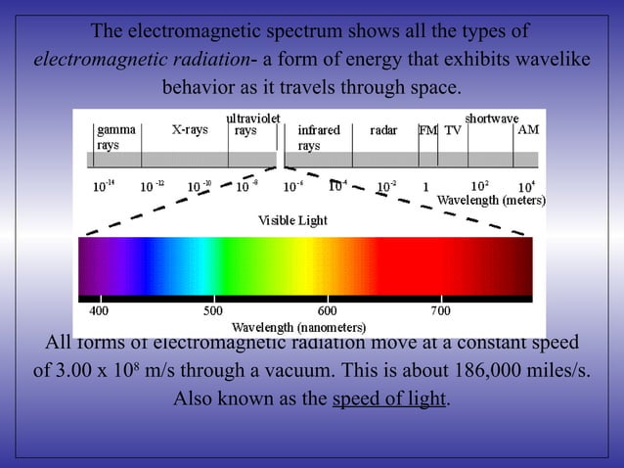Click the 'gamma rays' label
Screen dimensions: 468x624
tap(115, 137)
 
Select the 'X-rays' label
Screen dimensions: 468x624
tap(190, 129)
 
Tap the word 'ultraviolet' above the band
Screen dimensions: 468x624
tap(253, 117)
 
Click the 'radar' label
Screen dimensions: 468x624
tap(383, 129)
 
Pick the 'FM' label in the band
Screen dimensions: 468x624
tap(427, 129)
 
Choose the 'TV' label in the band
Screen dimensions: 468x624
tap(453, 129)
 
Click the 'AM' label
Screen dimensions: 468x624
tap(527, 129)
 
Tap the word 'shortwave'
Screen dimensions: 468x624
tap(491, 117)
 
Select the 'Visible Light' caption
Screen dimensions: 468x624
tap(292, 220)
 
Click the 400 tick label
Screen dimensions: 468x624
tap(100, 311)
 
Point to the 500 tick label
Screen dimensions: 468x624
tap(212, 311)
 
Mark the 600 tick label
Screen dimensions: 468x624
tap(327, 311)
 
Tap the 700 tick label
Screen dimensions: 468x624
tap(440, 311)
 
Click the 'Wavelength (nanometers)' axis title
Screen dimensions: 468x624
tap(298, 326)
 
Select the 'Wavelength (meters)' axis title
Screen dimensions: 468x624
tap(490, 200)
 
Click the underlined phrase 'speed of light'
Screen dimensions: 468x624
tap(389, 400)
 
